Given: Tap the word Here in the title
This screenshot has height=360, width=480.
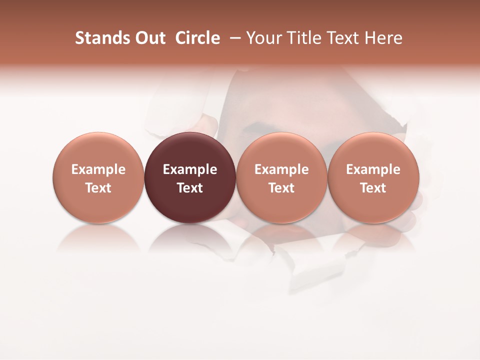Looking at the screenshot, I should point(383,38).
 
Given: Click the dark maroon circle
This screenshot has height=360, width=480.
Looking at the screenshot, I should point(189,150).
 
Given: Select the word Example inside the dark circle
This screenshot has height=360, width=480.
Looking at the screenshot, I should point(190,169).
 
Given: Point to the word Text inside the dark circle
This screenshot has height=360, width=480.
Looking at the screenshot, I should point(190,188).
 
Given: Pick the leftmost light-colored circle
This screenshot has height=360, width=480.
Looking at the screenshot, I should point(98,150).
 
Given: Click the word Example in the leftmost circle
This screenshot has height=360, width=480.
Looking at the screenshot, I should point(98,169).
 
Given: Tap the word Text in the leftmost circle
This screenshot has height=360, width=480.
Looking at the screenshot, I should point(98,188).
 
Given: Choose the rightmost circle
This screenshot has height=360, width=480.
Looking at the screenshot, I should point(373,150).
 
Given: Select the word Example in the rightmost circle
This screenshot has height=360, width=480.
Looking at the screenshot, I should point(373,169).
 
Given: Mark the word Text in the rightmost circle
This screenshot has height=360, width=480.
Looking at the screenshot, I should point(373,188).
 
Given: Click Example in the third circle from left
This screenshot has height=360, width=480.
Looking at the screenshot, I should point(281,169).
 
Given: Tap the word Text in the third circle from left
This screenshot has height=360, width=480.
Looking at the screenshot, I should point(281,188).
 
